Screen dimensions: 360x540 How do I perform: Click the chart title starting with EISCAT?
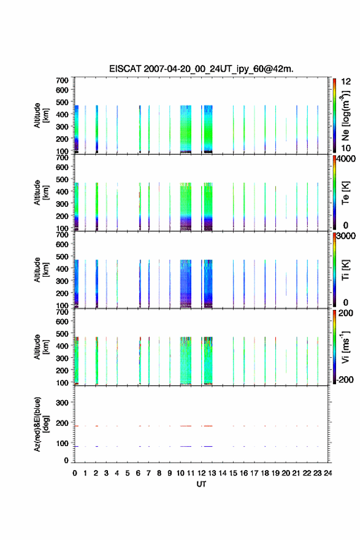coord(201,69)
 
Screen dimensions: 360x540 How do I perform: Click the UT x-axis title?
coord(201,484)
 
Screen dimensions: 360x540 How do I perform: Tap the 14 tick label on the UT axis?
coord(223,473)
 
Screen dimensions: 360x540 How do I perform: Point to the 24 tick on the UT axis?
coord(327,473)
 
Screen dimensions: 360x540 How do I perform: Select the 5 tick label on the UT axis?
coord(128,473)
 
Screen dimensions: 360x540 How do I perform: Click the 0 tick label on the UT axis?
coord(75,473)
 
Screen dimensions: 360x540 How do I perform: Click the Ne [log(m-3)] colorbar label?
coord(345,116)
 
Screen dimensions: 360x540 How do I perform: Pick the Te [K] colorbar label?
coord(345,193)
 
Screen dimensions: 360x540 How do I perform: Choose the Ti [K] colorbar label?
coord(345,269)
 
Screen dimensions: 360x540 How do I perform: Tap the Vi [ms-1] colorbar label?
coord(345,347)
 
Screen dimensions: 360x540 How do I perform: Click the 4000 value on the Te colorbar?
coord(346,159)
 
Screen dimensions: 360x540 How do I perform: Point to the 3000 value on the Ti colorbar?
coord(346,236)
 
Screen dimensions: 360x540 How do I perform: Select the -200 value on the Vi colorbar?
coord(345,379)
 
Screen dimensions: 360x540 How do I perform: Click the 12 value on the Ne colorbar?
coord(346,82)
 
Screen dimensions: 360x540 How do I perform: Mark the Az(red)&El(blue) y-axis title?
coord(40,424)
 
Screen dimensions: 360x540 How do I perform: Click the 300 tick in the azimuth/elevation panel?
coord(62,403)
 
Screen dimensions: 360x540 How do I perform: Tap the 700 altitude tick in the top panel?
coord(62,80)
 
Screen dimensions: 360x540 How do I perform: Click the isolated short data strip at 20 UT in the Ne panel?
coord(286,129)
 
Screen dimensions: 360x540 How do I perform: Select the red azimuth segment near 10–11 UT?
coord(186,426)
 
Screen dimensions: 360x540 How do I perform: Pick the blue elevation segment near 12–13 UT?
coord(207,446)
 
